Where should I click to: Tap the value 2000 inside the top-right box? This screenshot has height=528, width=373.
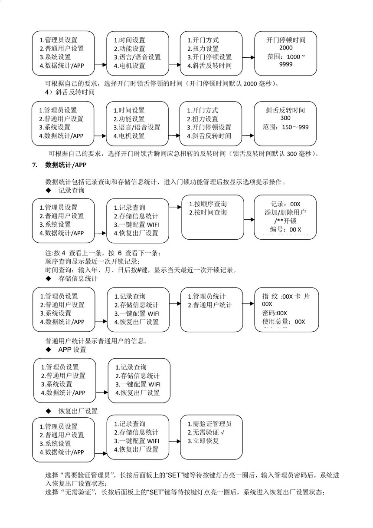tap(286, 48)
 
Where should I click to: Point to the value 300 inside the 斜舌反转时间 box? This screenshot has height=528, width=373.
tap(285, 119)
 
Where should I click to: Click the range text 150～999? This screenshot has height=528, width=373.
tap(285, 127)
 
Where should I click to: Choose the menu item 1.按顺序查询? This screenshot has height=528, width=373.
tap(207, 204)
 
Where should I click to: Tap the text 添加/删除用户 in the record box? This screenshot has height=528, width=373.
tap(285, 212)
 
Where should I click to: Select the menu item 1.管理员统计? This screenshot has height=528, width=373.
tap(206, 297)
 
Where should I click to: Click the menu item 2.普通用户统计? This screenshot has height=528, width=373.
tap(209, 305)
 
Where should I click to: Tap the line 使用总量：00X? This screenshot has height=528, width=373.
tap(284, 322)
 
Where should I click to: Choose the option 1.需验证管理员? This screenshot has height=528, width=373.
tap(209, 424)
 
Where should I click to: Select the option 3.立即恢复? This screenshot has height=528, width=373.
tap(203, 441)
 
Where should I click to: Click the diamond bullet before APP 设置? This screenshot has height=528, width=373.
tap(48, 350)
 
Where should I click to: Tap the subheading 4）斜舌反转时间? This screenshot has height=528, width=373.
tap(70, 92)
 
